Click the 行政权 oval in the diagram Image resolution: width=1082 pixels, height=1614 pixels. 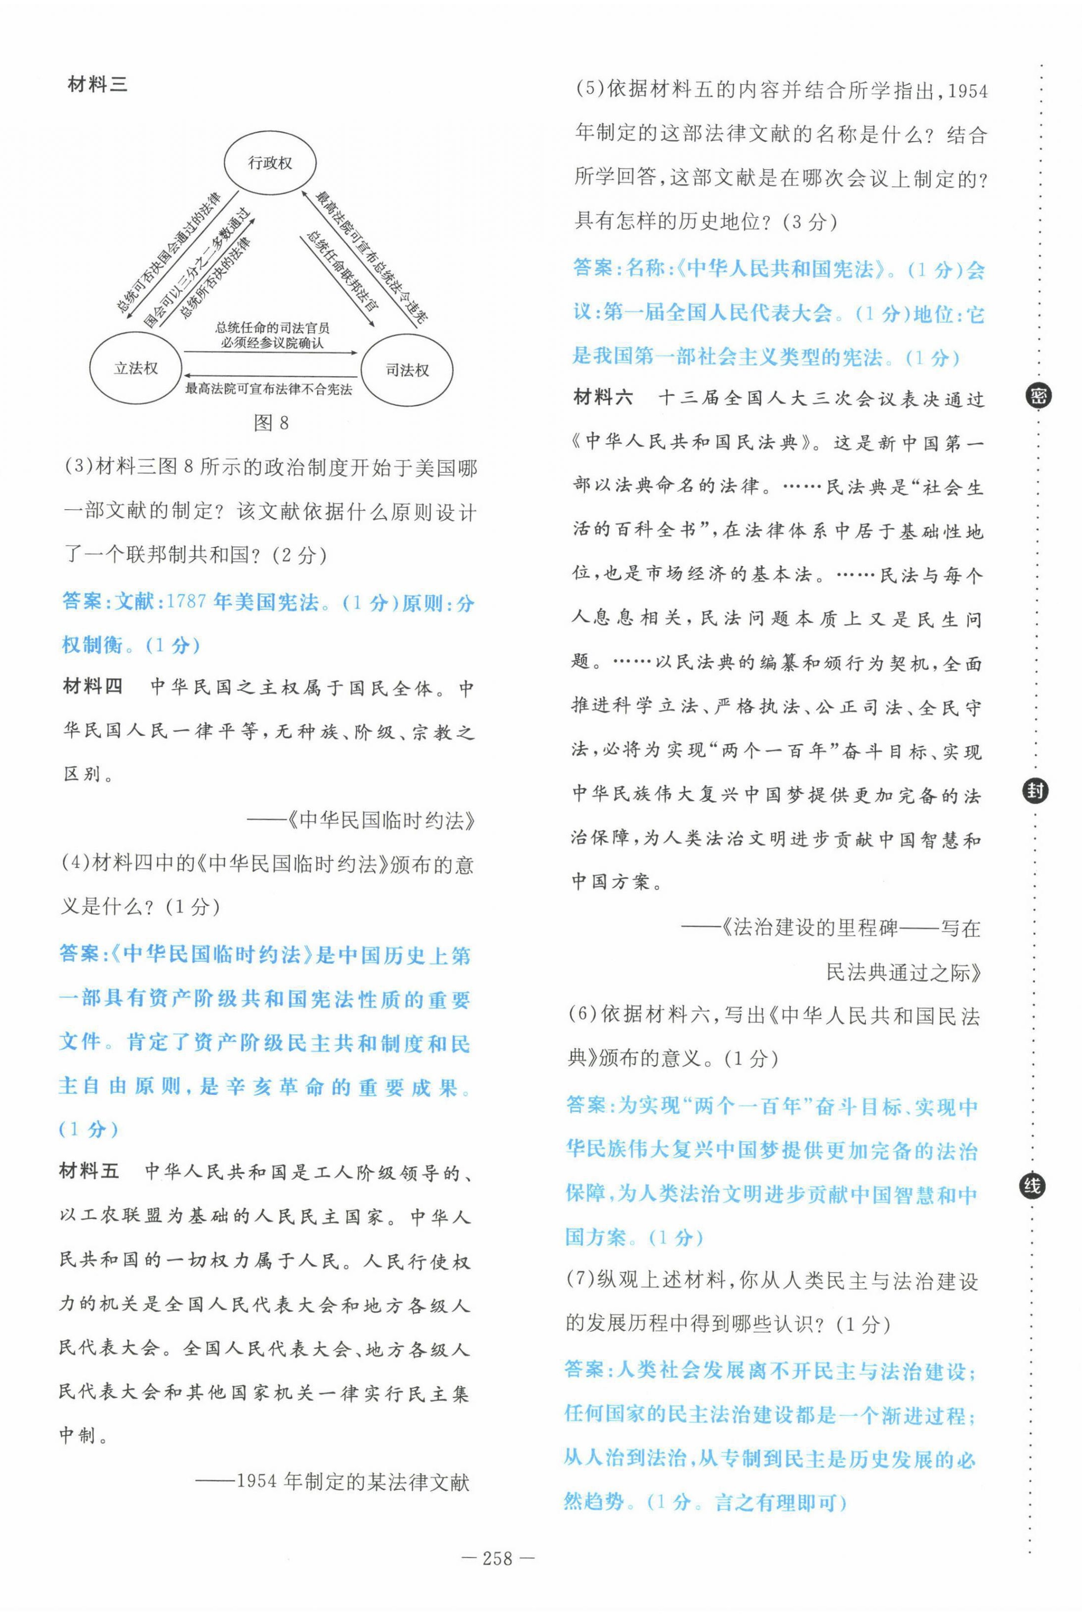click(x=270, y=163)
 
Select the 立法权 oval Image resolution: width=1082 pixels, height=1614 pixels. click(x=136, y=368)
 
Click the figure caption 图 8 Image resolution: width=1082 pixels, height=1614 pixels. click(x=271, y=422)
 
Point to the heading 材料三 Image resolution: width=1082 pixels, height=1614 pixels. click(x=98, y=85)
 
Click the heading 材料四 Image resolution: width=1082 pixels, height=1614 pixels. click(x=93, y=687)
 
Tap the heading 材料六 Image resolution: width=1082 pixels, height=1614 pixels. click(x=603, y=397)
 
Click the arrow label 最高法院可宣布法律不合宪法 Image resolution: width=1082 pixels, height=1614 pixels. click(x=268, y=389)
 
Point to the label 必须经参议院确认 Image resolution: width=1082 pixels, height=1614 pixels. click(x=272, y=343)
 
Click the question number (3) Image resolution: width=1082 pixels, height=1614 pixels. click(x=78, y=467)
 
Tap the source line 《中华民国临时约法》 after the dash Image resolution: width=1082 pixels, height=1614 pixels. click(x=380, y=820)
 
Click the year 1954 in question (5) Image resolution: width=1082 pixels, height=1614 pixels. click(x=968, y=92)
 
